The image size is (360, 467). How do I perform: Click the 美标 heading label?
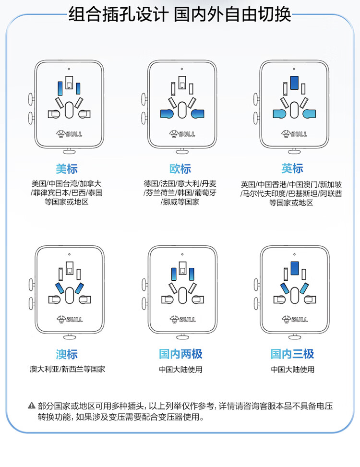point(67,169)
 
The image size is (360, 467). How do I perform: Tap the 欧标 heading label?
point(180,169)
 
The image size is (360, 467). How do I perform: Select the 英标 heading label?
point(292,168)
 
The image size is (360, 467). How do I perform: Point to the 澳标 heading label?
point(67,354)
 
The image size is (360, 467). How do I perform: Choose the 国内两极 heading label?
point(180,354)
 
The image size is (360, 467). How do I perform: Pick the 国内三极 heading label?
point(292,354)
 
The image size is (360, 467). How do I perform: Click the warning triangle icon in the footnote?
point(32,406)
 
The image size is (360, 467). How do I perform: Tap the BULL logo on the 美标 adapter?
point(69,134)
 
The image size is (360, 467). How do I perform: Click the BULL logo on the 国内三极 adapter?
point(295,319)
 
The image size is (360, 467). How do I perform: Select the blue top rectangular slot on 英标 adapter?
point(294,83)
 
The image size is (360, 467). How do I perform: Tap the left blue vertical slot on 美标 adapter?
point(60,88)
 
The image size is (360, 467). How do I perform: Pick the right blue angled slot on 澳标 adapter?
point(79,288)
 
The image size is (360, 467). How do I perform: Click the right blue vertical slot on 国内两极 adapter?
point(192,274)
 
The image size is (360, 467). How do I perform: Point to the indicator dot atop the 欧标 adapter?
point(181,69)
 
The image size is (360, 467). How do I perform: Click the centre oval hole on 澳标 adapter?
point(70,296)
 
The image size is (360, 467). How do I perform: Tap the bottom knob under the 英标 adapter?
point(294,151)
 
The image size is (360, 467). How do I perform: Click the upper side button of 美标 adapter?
point(31,99)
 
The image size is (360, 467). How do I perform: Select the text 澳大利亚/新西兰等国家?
point(67,369)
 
